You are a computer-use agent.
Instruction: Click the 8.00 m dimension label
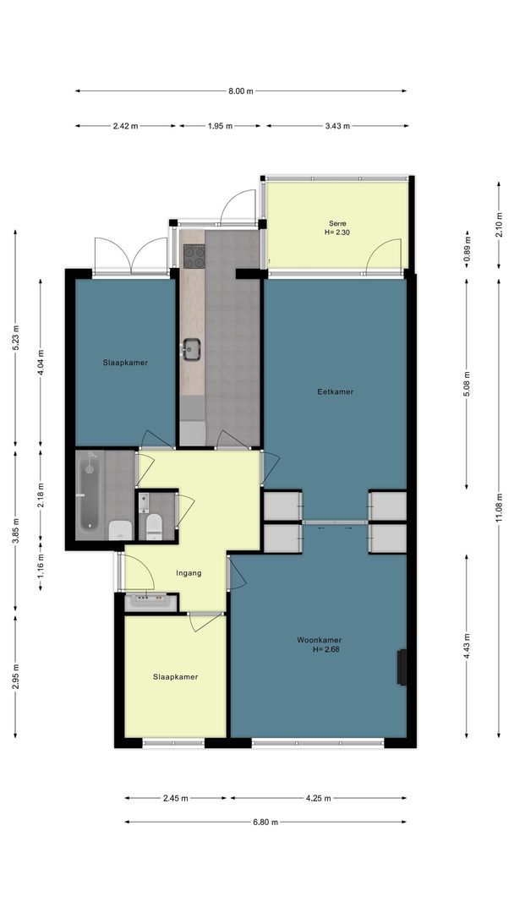[241, 90]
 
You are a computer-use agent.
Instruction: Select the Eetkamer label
[336, 392]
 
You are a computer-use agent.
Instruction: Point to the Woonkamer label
[319, 640]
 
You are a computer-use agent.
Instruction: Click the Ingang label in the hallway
[189, 573]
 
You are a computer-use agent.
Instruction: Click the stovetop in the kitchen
[194, 256]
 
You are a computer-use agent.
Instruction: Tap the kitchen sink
[191, 349]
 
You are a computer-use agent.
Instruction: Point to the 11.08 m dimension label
[498, 508]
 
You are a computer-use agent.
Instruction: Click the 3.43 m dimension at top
[337, 126]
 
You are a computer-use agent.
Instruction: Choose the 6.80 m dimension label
[265, 823]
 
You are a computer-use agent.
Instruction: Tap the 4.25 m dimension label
[319, 798]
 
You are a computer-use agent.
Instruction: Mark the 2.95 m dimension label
[15, 676]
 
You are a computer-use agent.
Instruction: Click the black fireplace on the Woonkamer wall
[402, 667]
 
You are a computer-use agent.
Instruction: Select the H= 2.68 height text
[326, 649]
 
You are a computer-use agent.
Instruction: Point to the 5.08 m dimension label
[467, 384]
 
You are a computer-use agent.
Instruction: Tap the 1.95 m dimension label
[220, 126]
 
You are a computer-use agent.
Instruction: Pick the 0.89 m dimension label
[467, 249]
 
